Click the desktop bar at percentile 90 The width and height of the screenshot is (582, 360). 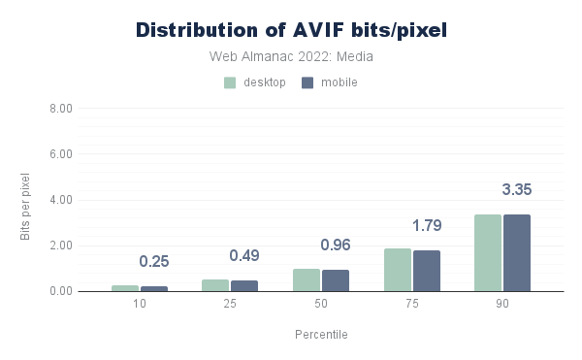[488, 252]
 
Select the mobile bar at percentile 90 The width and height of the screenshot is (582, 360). [517, 252]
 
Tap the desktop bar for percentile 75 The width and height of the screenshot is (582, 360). [398, 270]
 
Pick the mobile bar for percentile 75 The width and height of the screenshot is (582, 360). [427, 271]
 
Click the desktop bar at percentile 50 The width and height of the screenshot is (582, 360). [307, 280]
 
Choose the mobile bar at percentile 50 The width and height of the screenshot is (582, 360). [336, 280]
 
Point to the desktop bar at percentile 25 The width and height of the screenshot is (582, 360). [215, 285]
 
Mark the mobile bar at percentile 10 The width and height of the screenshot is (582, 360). [154, 289]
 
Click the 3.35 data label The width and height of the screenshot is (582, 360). [517, 189]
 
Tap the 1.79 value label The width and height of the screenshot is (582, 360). [427, 226]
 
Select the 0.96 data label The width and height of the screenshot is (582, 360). [336, 245]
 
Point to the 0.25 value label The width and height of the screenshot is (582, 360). [154, 262]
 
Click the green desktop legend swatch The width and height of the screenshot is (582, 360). [230, 82]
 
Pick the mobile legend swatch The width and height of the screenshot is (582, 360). [307, 82]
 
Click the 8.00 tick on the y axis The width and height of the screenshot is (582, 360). [61, 109]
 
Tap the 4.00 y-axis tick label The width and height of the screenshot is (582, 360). [61, 200]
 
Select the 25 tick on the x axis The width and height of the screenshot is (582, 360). [230, 304]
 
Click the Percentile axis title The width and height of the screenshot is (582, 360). [321, 335]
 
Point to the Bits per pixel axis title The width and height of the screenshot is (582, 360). [25, 207]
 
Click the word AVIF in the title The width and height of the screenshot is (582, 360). [318, 30]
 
